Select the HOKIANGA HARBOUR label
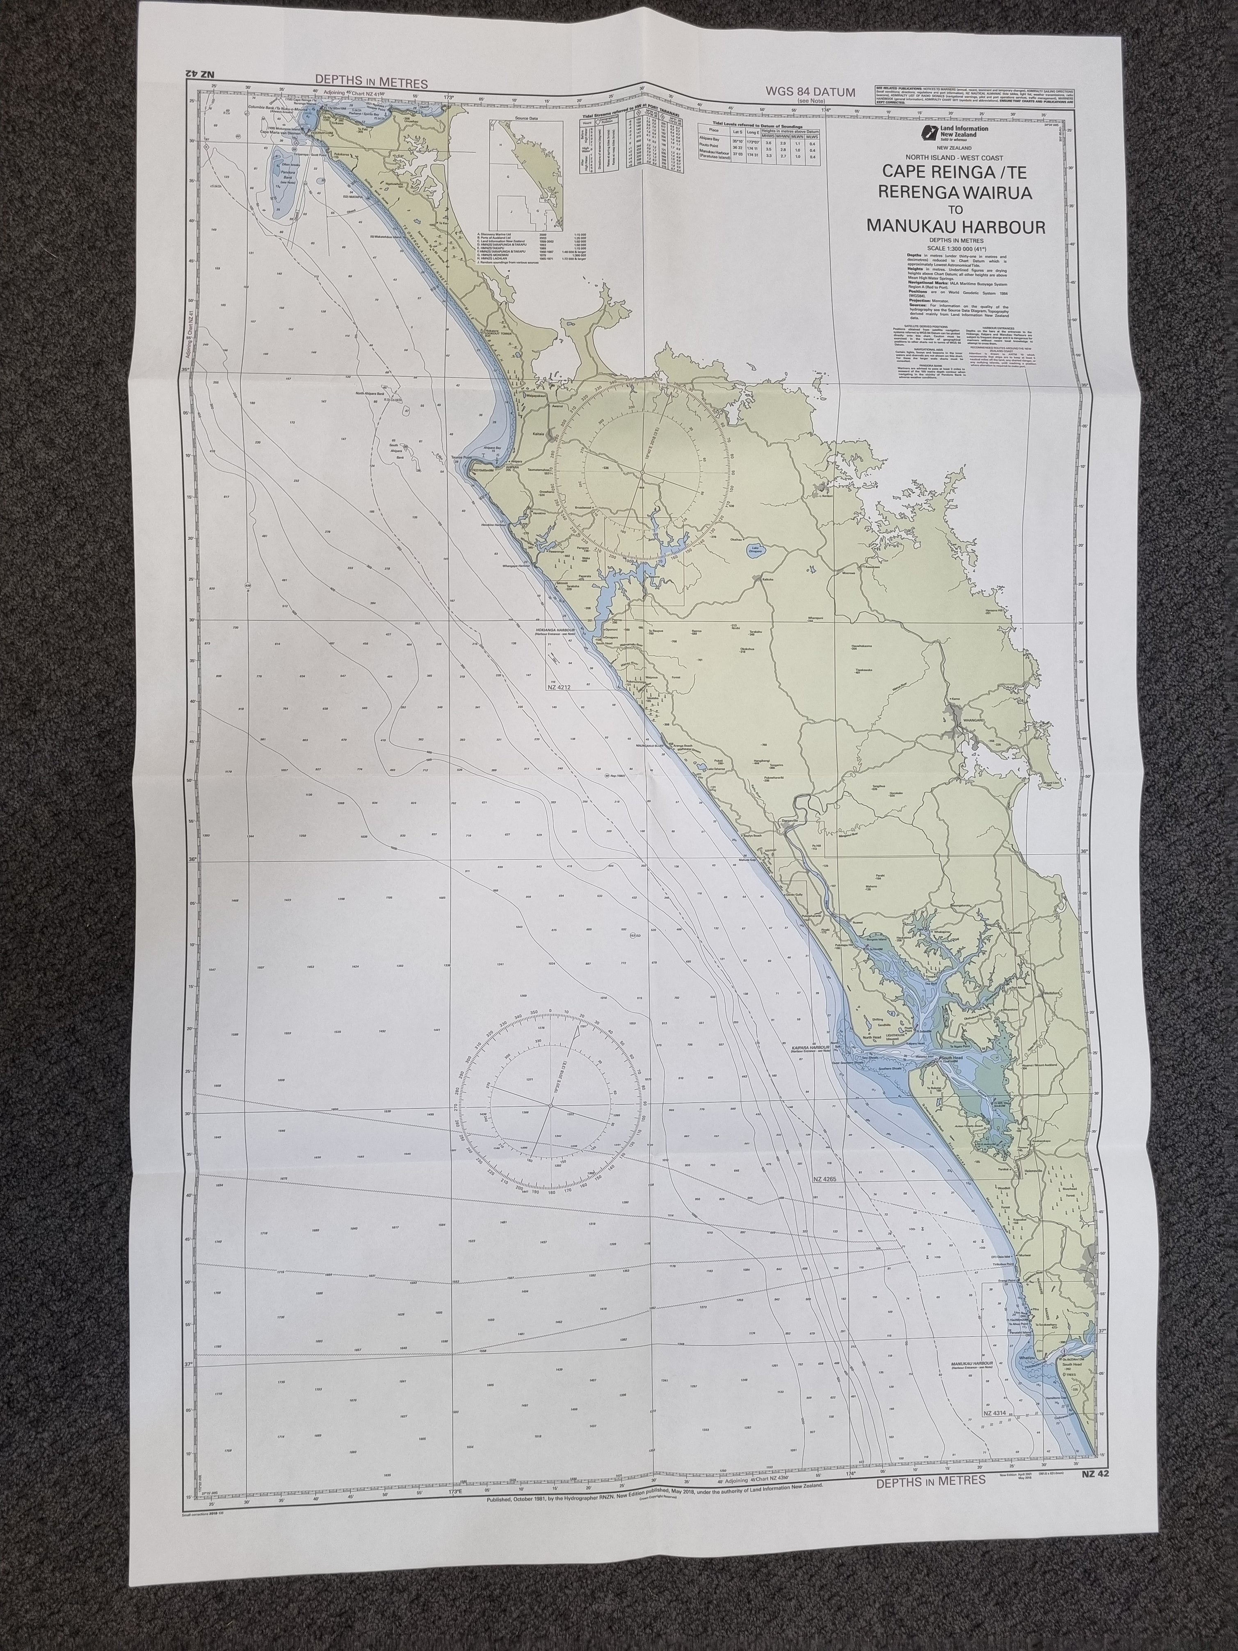tap(555, 630)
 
